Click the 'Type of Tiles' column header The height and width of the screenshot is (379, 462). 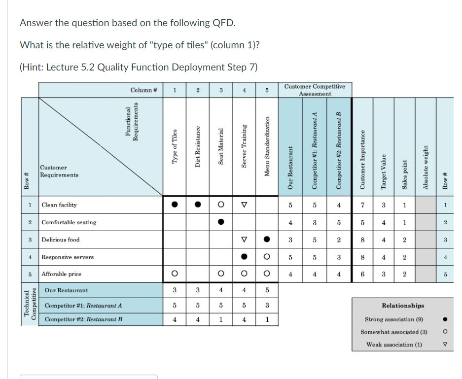tap(175, 146)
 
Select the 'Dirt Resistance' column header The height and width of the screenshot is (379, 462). tap(198, 146)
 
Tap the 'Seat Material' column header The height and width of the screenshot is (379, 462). tap(221, 146)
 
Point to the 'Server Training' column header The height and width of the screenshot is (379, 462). tap(244, 146)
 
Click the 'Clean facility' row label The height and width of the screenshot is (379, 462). tap(59, 205)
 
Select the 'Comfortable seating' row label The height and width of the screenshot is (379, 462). tap(69, 222)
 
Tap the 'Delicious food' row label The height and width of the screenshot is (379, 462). tap(61, 240)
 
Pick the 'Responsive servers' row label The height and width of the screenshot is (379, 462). tap(68, 257)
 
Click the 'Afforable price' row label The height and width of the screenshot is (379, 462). tap(62, 274)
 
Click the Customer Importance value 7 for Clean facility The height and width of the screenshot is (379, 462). tap(362, 205)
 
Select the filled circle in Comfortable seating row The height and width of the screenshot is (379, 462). tap(221, 222)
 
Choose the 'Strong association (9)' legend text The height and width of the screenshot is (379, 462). tap(394, 319)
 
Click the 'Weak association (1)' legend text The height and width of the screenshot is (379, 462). tap(394, 345)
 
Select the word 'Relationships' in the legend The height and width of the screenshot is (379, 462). tap(403, 306)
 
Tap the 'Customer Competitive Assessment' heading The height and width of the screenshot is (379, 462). tap(315, 90)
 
